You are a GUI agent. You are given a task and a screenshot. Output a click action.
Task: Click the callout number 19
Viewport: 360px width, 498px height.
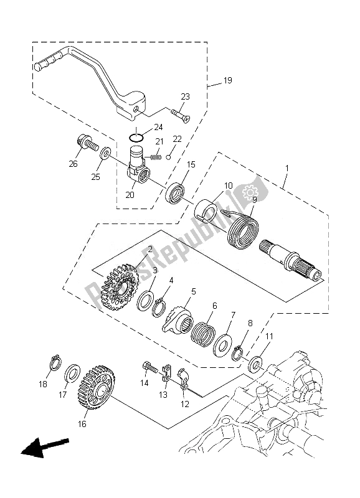click(227, 80)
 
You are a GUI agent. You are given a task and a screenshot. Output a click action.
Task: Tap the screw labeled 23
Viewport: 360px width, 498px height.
click(181, 115)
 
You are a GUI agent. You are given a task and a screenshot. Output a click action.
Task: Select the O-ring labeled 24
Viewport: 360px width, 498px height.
click(136, 138)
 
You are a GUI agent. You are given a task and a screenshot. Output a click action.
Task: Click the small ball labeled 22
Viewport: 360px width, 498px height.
click(169, 157)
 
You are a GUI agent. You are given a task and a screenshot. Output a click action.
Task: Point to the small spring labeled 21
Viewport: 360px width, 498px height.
click(155, 156)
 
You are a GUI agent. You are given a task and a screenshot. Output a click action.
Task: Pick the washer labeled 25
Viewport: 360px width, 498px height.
click(105, 153)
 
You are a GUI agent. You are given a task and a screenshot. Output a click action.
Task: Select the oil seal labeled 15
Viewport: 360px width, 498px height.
click(176, 193)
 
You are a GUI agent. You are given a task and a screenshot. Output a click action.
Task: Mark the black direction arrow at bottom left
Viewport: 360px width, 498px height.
click(44, 447)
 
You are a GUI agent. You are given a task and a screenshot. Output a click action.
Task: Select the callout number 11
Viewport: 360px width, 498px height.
click(269, 336)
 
